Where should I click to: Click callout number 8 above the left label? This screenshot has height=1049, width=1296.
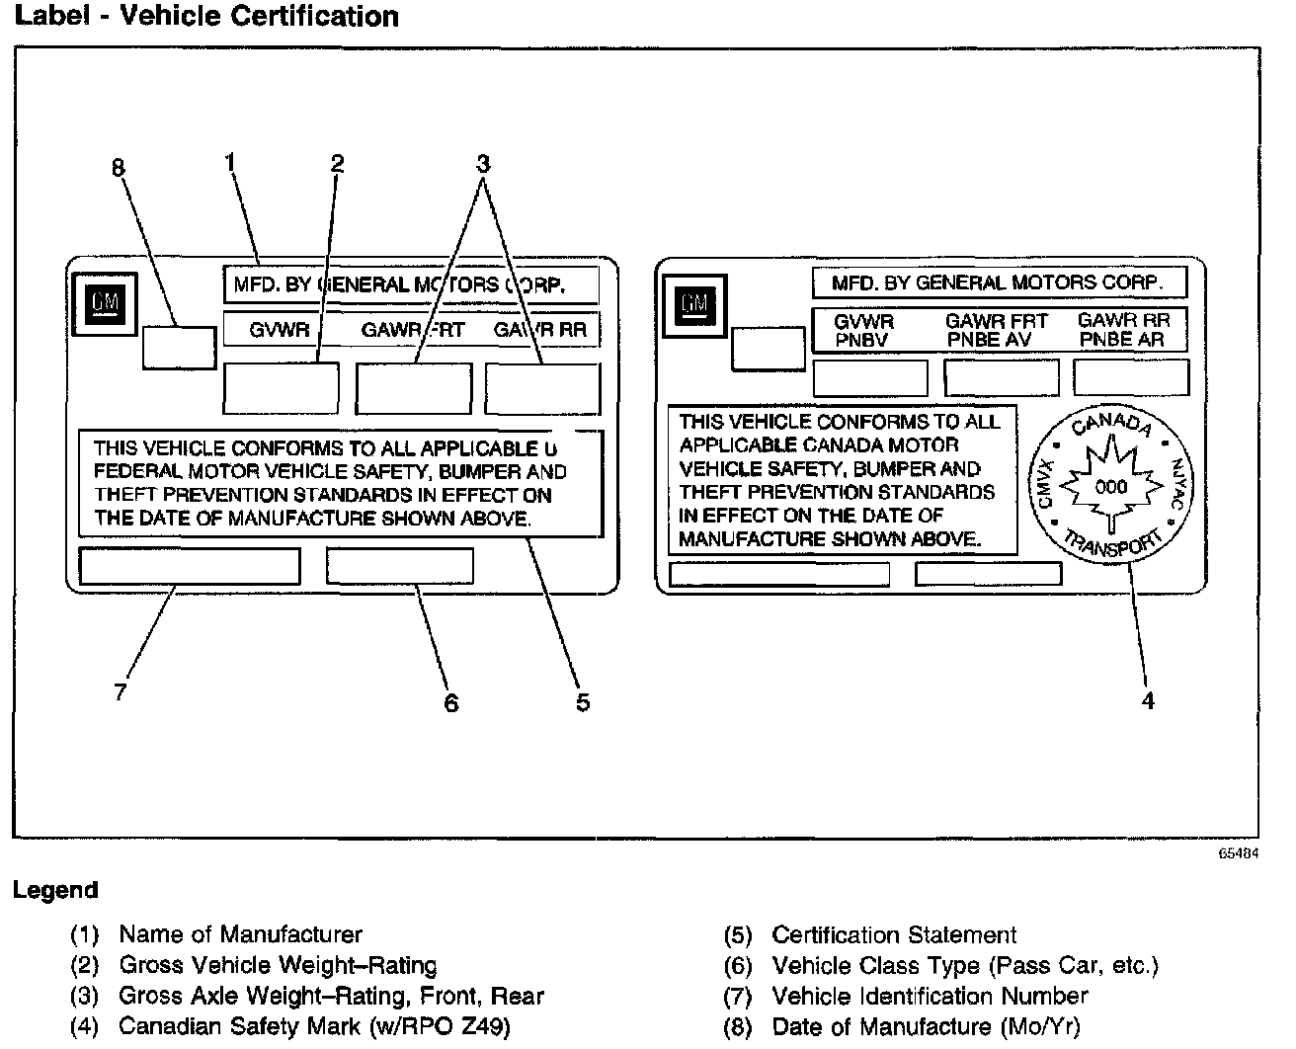pos(119,168)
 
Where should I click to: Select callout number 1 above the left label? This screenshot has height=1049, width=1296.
pos(230,161)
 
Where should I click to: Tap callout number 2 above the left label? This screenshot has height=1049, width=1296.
pos(337,163)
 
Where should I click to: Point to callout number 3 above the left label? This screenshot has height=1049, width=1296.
pos(483,162)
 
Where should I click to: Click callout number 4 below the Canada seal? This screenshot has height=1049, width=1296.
pos(1147,700)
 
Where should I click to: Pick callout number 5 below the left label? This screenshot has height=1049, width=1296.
pos(583,701)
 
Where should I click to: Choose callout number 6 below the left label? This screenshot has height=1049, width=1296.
pos(451,702)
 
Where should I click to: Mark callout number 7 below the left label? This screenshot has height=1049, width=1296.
pos(121,691)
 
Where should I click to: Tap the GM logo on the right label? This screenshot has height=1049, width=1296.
pos(694,303)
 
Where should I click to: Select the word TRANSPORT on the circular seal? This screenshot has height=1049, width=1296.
pos(1112,544)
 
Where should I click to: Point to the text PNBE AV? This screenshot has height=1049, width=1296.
pos(989,340)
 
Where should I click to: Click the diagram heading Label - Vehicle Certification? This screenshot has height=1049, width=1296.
pos(206,17)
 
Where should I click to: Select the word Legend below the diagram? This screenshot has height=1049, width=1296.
pos(55,890)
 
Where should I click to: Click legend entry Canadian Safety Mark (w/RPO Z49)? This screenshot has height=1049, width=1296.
pos(313,1026)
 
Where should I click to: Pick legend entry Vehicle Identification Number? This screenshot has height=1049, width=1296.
pos(929,996)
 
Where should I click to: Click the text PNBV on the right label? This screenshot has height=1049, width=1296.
pos(862,340)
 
